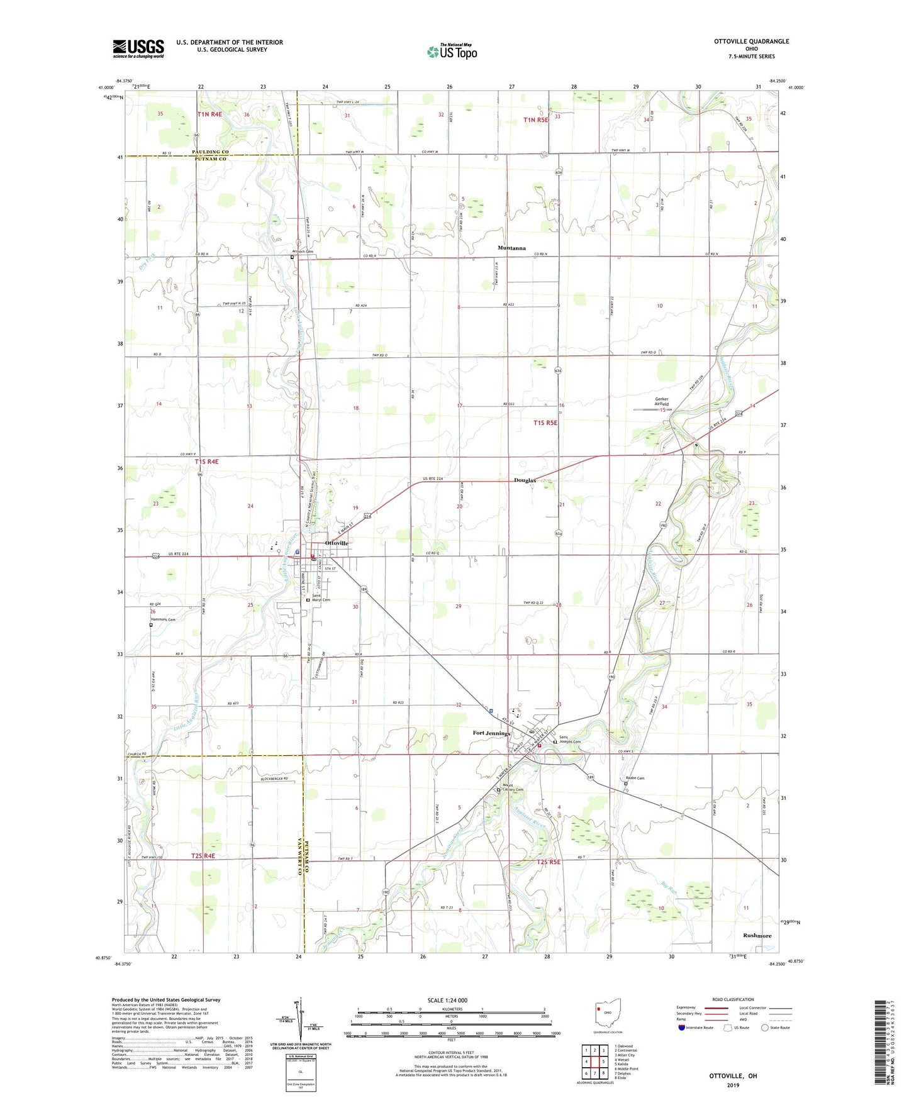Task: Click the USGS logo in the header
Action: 138,48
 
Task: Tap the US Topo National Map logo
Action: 452,52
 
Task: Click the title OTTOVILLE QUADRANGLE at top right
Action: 751,42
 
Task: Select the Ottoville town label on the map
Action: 337,543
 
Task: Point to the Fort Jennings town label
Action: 492,733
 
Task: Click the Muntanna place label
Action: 511,248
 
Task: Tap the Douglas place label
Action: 525,480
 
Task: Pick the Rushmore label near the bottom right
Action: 757,935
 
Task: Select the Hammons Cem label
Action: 162,619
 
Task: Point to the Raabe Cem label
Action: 635,778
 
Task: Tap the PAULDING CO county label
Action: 210,152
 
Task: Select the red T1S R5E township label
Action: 545,423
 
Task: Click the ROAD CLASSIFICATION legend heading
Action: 733,999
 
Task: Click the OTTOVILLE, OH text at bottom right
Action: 733,1076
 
